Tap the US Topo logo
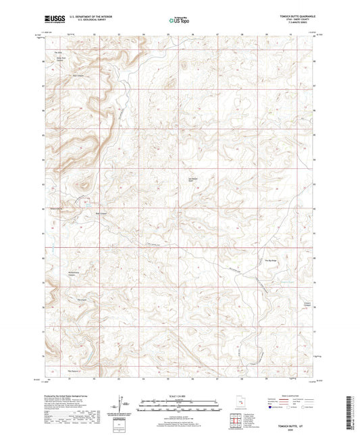178,21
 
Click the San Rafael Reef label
191,180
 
